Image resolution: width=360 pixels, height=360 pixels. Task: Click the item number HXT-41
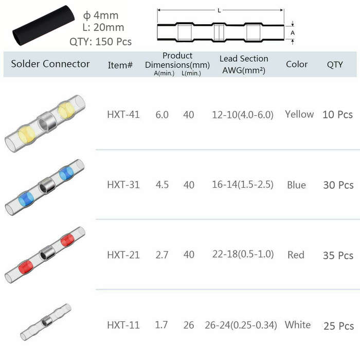coord(123,115)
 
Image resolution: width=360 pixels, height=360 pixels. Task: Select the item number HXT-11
coord(123,325)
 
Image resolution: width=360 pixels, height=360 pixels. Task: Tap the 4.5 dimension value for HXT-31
coord(162,185)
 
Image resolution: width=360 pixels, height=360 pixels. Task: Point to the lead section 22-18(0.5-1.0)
coord(243,255)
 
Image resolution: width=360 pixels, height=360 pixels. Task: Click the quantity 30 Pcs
coord(338,185)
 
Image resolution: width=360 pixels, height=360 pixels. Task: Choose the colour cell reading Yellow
coord(299,114)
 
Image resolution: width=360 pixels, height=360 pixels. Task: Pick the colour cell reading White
coord(298,325)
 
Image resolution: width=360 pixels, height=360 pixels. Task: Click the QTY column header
coord(335,64)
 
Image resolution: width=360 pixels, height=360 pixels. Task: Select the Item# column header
coord(120,65)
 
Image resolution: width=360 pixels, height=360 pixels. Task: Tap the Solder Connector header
coord(50,64)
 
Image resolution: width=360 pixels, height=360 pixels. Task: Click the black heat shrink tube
coord(44,26)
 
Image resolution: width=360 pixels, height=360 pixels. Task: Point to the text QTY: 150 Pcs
coord(101,42)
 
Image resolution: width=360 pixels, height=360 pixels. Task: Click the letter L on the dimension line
coord(219,10)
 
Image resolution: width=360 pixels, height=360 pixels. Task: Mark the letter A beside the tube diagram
coord(293,33)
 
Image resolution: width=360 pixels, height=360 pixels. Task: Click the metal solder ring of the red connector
coord(47,253)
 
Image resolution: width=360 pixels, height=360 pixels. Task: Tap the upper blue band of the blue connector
coord(66,173)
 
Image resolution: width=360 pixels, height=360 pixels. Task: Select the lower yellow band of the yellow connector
coord(27,135)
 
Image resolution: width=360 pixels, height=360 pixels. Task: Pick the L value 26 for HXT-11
coord(189,325)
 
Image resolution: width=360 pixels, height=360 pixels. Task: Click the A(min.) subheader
coord(164,74)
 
